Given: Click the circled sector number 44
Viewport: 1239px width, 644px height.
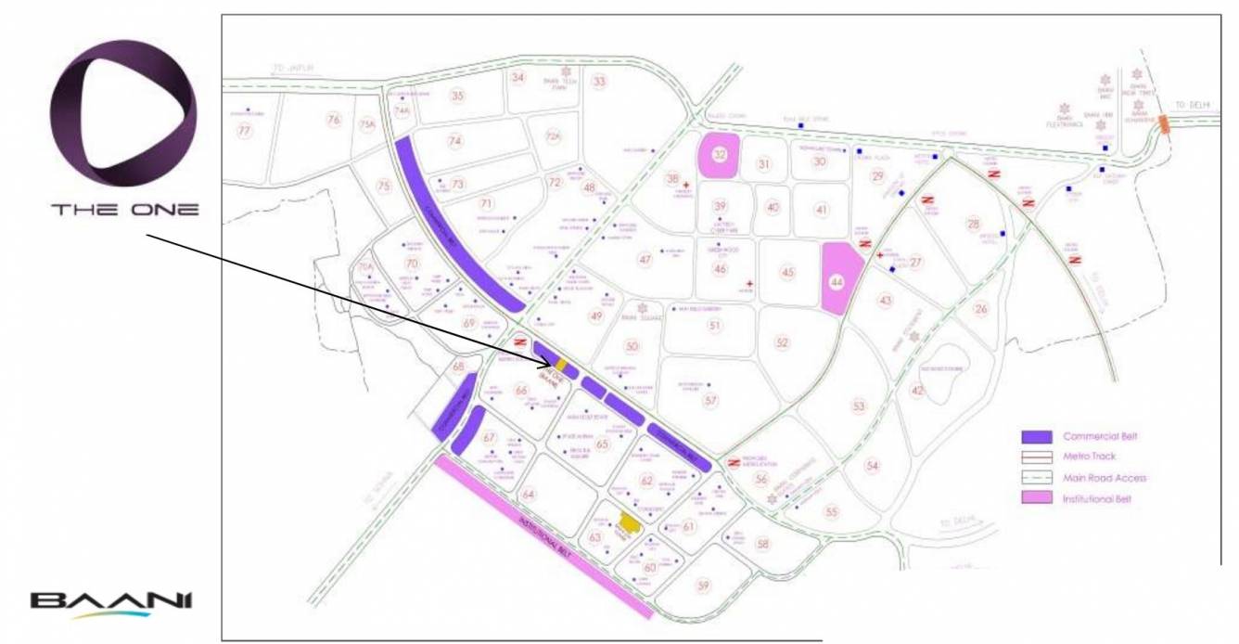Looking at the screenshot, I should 837,280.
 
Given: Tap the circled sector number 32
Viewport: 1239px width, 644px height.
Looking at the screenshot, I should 719,155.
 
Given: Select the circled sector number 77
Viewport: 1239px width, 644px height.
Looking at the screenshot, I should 245,131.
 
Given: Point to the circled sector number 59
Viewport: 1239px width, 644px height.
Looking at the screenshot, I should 703,586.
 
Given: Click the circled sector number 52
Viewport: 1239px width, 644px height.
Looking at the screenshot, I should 782,343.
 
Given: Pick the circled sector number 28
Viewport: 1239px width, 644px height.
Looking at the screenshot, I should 973,224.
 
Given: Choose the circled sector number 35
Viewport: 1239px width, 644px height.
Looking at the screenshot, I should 457,96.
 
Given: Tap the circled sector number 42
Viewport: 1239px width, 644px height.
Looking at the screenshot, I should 917,391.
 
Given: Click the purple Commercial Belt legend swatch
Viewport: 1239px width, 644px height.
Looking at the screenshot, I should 1036,436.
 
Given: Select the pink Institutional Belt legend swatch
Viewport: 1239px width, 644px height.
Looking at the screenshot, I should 1036,499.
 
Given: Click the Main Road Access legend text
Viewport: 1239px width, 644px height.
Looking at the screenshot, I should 1105,478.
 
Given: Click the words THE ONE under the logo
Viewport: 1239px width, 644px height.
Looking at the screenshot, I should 124,210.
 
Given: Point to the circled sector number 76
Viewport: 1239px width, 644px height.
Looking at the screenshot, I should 334,121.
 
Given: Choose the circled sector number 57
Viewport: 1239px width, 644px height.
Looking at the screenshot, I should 710,401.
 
